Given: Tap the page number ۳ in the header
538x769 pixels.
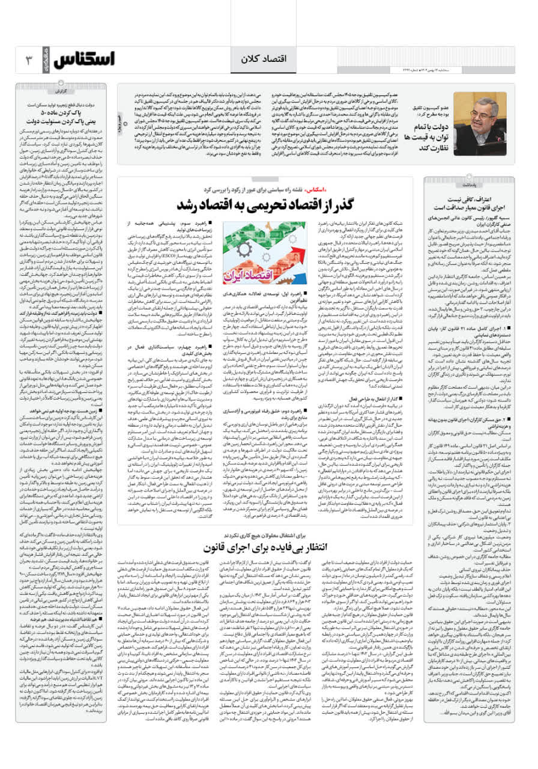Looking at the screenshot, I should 29,61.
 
